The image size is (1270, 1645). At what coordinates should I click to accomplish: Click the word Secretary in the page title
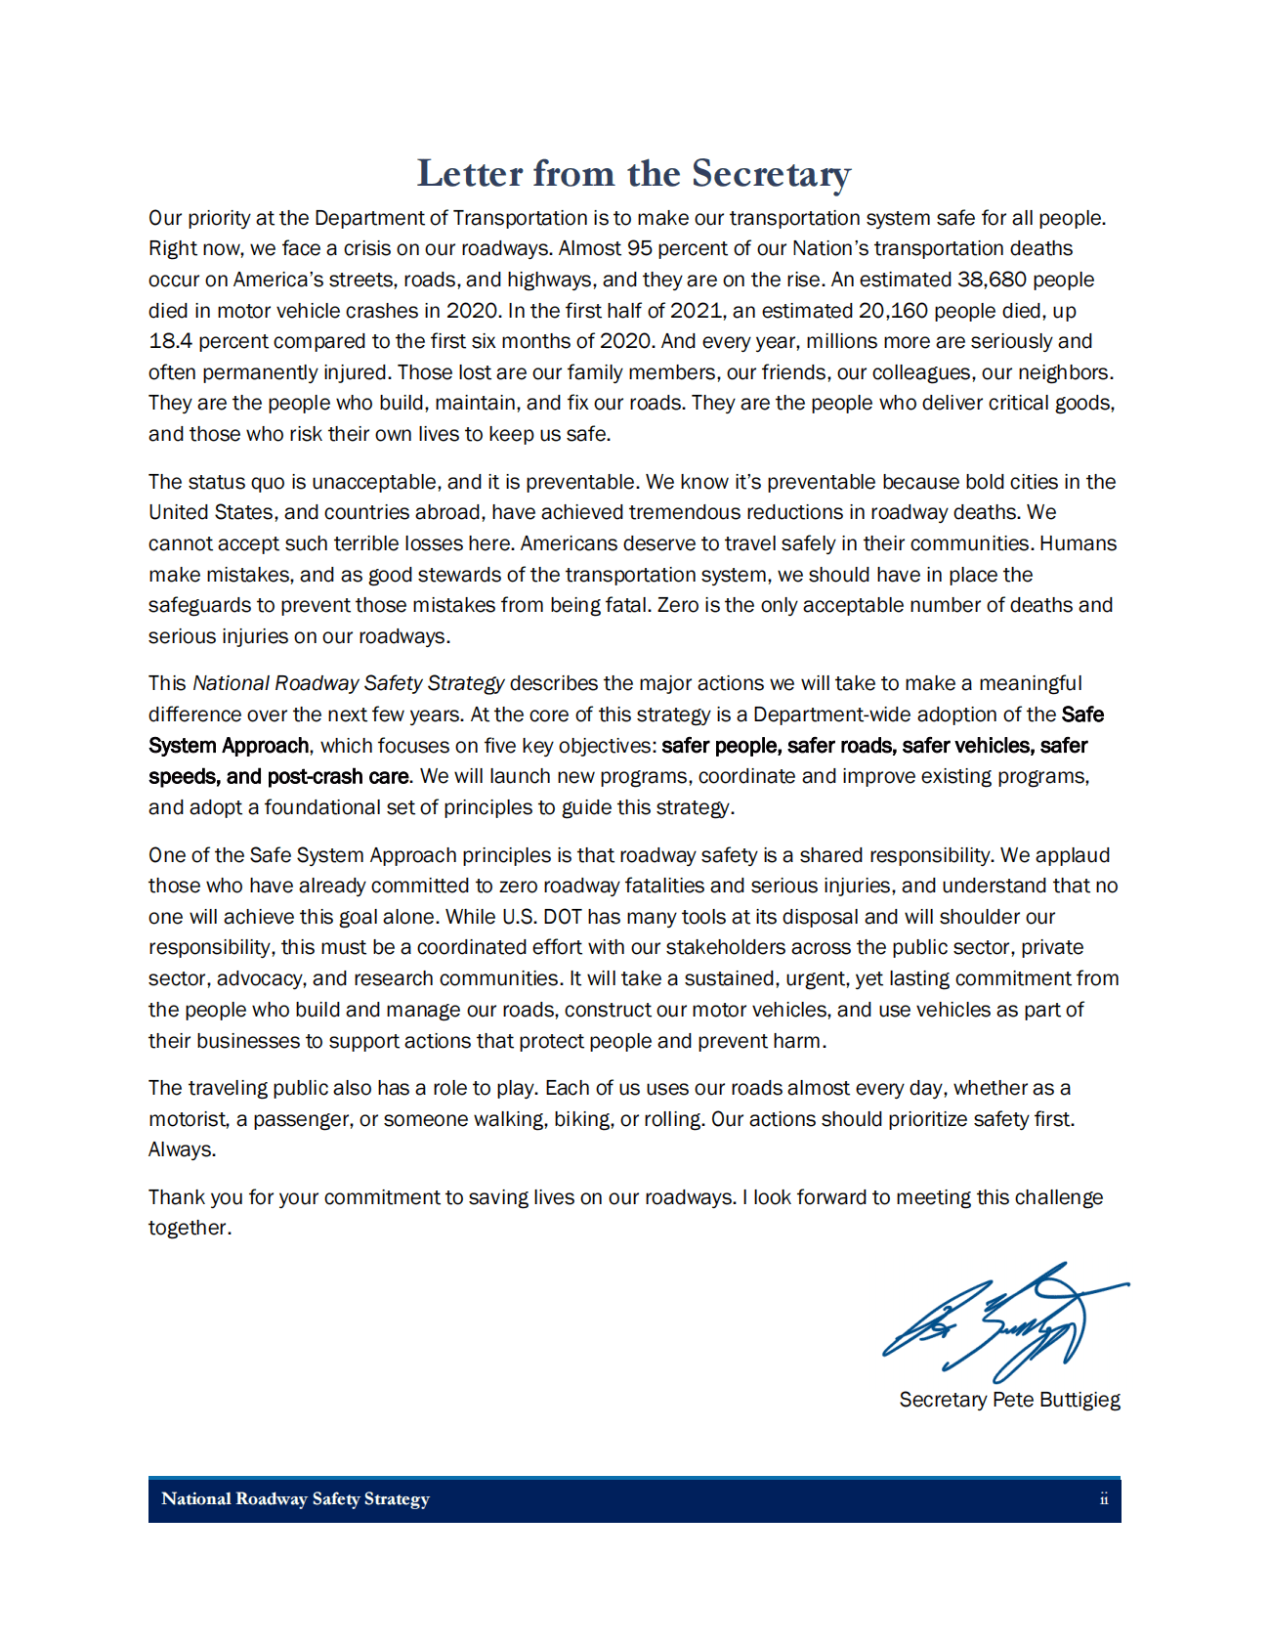(x=771, y=174)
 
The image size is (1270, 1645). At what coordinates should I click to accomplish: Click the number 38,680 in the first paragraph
(x=993, y=280)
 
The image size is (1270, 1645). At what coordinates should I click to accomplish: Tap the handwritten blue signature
(x=1006, y=1321)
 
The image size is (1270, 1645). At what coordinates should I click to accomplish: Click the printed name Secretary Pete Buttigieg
(x=1009, y=1400)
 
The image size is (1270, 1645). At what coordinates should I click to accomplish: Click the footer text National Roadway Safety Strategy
(x=295, y=1499)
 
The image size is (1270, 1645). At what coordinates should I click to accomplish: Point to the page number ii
(x=1104, y=1499)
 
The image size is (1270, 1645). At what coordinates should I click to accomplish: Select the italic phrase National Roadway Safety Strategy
(x=349, y=683)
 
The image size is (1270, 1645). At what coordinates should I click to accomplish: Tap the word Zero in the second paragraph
(x=678, y=605)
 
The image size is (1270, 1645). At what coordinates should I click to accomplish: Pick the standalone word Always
(x=182, y=1149)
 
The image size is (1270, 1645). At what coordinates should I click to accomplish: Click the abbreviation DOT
(x=563, y=917)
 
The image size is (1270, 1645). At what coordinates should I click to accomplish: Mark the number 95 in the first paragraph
(x=640, y=248)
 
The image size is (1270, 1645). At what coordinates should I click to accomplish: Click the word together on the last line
(x=190, y=1228)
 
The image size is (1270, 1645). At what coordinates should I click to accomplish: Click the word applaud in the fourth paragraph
(x=1073, y=855)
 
